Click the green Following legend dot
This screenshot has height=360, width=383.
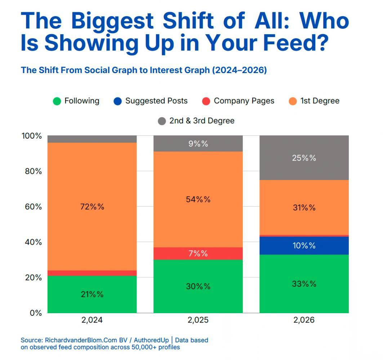click(x=57, y=101)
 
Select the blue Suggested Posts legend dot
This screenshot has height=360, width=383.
click(x=118, y=101)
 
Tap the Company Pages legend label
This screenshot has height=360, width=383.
click(x=244, y=101)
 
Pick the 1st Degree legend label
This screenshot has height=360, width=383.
click(x=320, y=101)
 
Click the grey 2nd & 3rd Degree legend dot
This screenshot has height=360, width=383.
click(x=162, y=121)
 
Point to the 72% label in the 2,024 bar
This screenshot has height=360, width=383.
click(x=92, y=207)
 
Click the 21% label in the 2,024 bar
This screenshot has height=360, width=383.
click(x=92, y=294)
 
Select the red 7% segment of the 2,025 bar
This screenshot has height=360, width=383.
click(x=198, y=253)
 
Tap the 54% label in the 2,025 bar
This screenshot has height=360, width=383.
click(x=198, y=199)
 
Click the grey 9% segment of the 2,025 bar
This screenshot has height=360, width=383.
click(x=198, y=144)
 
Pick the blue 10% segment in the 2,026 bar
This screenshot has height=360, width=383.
click(x=304, y=246)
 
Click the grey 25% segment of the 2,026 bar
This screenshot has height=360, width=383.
click(x=304, y=158)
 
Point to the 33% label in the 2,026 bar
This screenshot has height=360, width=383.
click(x=304, y=284)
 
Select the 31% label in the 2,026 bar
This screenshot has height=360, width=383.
click(x=304, y=207)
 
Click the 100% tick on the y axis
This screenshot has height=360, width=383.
click(x=32, y=136)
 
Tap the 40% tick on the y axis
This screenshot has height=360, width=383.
click(x=33, y=242)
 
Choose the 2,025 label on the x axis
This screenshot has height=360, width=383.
click(x=198, y=320)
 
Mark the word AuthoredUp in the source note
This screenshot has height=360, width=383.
click(x=151, y=340)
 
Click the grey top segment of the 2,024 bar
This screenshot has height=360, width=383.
click(x=92, y=139)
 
